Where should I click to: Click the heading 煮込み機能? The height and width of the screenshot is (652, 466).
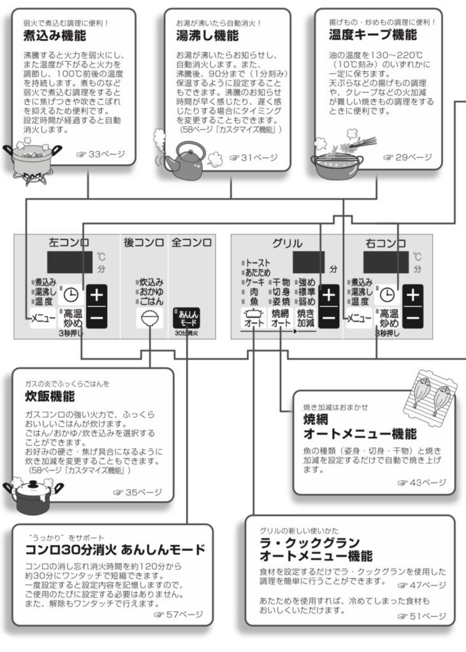(x=55, y=36)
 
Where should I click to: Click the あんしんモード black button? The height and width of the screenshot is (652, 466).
(x=187, y=318)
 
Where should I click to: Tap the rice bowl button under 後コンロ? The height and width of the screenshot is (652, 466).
(x=150, y=318)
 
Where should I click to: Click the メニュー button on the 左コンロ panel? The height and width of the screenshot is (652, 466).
(x=43, y=318)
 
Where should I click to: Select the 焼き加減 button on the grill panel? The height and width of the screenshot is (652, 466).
(x=305, y=318)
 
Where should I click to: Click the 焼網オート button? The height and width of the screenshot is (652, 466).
(x=280, y=318)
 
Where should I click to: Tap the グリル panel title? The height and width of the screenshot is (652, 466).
(x=287, y=243)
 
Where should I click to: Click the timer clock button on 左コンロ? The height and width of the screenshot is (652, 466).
(x=71, y=295)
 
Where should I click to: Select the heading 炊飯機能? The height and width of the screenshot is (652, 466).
(x=50, y=396)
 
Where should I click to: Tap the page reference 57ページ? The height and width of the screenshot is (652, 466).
(x=178, y=614)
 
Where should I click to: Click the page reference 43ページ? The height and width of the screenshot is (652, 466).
(x=421, y=483)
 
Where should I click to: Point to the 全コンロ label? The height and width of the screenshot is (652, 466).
(x=192, y=243)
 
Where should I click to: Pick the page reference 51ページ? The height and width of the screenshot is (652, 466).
(x=421, y=616)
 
